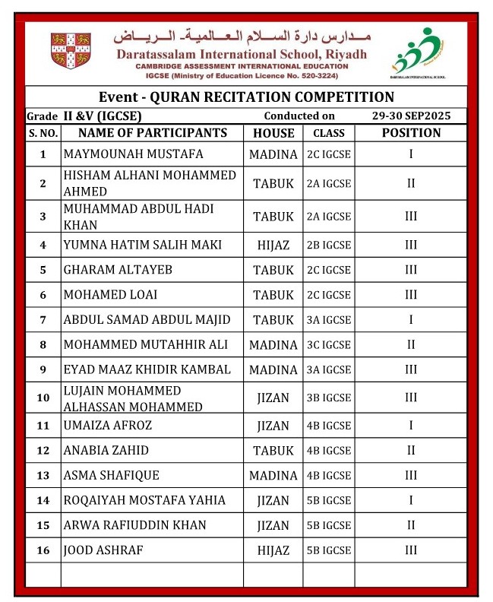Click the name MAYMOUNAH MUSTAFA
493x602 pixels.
[x=134, y=154]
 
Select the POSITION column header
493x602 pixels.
[x=411, y=133]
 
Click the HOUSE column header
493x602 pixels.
[x=273, y=133]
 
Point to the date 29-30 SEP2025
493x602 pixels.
[x=411, y=116]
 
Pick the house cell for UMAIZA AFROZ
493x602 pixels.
[x=273, y=426]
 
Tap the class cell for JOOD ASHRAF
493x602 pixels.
[x=329, y=550]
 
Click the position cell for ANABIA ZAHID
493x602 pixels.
[x=411, y=451]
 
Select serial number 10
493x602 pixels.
[x=43, y=398]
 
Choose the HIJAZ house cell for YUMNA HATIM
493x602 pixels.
[x=273, y=244]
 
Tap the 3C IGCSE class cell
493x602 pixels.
[x=329, y=345]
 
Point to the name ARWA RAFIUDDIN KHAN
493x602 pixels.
[x=135, y=525]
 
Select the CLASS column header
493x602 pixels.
[x=329, y=133]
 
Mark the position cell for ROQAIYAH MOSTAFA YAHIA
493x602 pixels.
[x=411, y=500]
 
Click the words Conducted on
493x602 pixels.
[x=299, y=116]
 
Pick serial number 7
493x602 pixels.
[x=43, y=320]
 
